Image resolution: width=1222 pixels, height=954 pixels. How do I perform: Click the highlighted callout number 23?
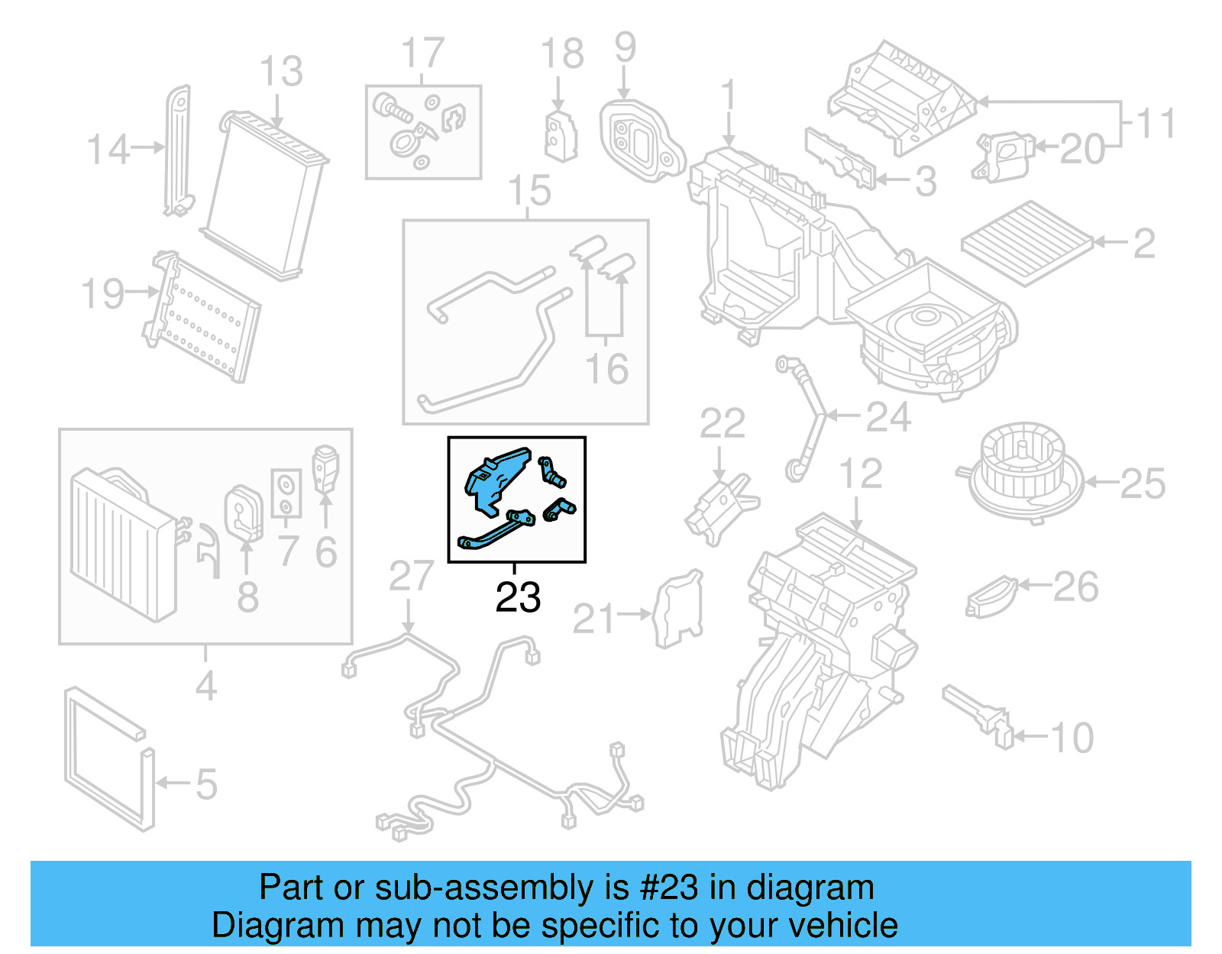pyautogui.click(x=518, y=597)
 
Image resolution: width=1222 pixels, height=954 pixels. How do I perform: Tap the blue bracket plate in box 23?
pyautogui.click(x=495, y=478)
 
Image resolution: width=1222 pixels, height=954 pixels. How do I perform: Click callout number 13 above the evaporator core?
pyautogui.click(x=280, y=72)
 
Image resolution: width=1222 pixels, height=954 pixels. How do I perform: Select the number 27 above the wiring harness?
pyautogui.click(x=411, y=577)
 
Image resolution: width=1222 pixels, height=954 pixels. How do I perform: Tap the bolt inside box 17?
pyautogui.click(x=391, y=110)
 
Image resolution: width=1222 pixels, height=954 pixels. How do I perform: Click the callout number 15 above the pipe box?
pyautogui.click(x=529, y=191)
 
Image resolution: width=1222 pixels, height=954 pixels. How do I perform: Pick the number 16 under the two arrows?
pyautogui.click(x=606, y=369)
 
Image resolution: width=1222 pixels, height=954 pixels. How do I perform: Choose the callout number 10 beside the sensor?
pyautogui.click(x=1072, y=738)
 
